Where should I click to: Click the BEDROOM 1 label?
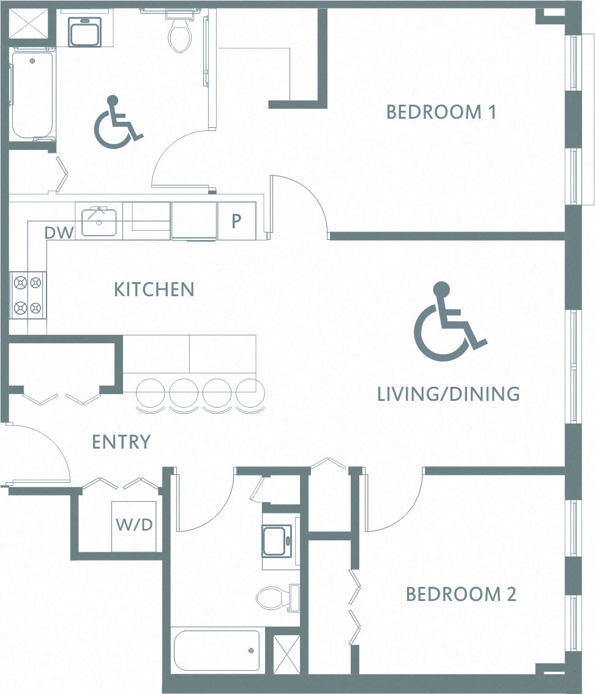pyautogui.click(x=441, y=113)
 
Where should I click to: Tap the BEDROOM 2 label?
pyautogui.click(x=461, y=594)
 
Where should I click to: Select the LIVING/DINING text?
pyautogui.click(x=448, y=394)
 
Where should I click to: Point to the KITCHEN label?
pyautogui.click(x=154, y=289)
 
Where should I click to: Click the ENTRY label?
pyautogui.click(x=121, y=442)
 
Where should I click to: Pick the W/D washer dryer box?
pyautogui.click(x=134, y=525)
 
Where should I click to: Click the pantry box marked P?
pyautogui.click(x=236, y=221)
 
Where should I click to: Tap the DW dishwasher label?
pyautogui.click(x=59, y=233)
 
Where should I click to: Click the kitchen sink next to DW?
pyautogui.click(x=99, y=221)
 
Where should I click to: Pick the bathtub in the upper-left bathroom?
pyautogui.click(x=32, y=95)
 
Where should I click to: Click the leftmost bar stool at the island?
pyautogui.click(x=149, y=392)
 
